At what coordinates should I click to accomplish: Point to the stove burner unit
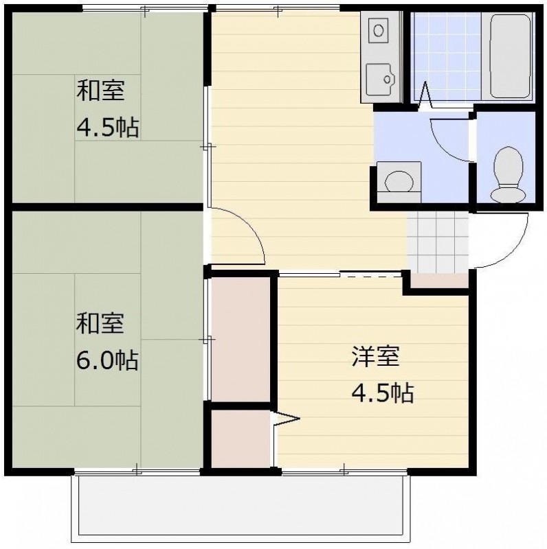pyautogui.click(x=378, y=30)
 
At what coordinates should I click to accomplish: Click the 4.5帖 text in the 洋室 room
pyautogui.click(x=382, y=393)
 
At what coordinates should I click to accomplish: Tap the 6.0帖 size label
pyautogui.click(x=107, y=359)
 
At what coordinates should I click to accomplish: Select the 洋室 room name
pyautogui.click(x=375, y=356)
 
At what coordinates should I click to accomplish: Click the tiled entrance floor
pyautogui.click(x=438, y=240)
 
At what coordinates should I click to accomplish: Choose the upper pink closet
pyautogui.click(x=240, y=339)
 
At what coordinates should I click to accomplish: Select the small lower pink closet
pyautogui.click(x=240, y=439)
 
